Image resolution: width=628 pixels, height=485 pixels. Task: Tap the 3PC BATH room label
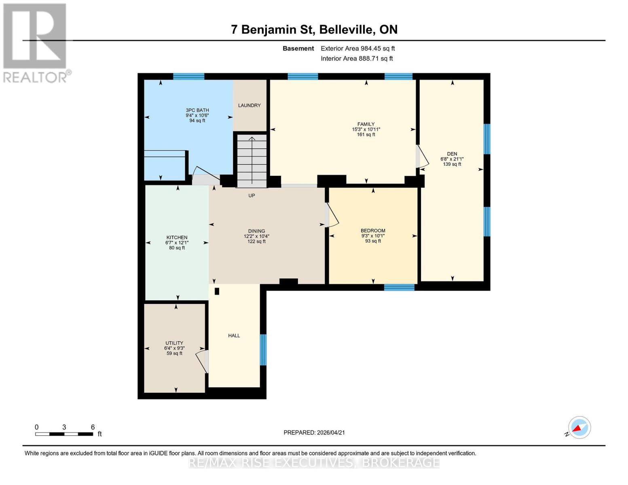coord(197,110)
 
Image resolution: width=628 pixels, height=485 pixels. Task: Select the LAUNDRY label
coord(249,105)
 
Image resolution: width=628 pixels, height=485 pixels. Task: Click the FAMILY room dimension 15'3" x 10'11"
coord(366,129)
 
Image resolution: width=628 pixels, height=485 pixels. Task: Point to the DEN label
coord(452,154)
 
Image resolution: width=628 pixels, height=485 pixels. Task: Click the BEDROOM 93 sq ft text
coord(373,241)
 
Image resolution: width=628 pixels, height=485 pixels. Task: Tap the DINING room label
coord(256,231)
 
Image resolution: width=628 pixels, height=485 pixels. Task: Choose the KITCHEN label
coord(177,238)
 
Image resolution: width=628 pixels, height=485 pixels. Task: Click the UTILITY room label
coord(174,343)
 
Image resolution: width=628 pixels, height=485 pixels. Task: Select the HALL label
coord(234,335)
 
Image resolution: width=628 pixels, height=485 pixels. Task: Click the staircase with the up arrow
coord(252,161)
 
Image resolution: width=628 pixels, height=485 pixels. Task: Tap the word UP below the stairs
coord(252,196)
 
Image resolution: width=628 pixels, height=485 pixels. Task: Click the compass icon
coord(579,428)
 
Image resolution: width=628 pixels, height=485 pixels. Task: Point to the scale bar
coord(64,434)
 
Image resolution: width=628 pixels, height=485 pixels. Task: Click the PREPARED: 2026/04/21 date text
coord(314,432)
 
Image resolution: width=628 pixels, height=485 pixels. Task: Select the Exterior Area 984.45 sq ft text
coord(357,48)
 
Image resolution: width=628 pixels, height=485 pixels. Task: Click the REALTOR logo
coord(36,42)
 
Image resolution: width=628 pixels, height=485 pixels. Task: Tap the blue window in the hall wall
coord(263,350)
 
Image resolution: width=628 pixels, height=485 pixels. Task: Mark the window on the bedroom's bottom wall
coord(399,287)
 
